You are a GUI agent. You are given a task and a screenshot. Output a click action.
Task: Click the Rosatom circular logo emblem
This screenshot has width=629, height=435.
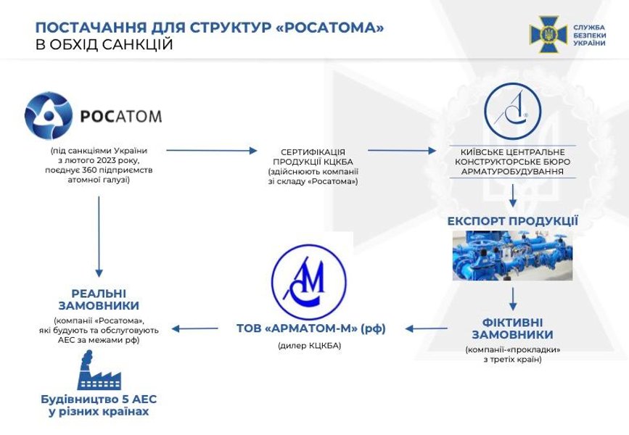tap(49, 116)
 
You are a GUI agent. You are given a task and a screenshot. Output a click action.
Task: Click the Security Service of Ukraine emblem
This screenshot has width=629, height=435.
tap(548, 34)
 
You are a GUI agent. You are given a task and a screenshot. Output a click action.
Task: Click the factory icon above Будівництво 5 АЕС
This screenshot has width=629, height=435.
tap(98, 370)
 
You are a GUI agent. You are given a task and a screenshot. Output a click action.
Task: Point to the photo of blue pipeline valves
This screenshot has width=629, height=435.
tap(512, 255)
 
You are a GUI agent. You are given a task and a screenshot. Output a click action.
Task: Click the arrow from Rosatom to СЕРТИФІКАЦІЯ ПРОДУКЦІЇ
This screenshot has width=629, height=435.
tap(212, 151)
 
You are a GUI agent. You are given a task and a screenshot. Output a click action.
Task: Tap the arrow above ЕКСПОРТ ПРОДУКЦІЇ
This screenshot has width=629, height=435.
tap(513, 194)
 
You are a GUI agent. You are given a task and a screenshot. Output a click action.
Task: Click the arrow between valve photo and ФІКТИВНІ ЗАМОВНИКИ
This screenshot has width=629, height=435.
tap(513, 297)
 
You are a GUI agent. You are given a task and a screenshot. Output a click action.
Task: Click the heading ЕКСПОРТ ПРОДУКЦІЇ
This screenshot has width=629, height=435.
tap(513, 220)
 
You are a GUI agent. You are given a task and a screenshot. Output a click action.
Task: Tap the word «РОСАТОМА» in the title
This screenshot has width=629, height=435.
tap(330, 28)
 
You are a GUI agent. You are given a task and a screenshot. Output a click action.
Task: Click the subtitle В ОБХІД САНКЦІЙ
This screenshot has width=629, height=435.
tap(104, 45)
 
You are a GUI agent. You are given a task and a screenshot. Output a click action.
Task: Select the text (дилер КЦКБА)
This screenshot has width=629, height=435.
tap(309, 346)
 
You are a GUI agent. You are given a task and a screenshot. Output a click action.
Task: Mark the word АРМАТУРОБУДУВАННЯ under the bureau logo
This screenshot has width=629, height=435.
tap(513, 173)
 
